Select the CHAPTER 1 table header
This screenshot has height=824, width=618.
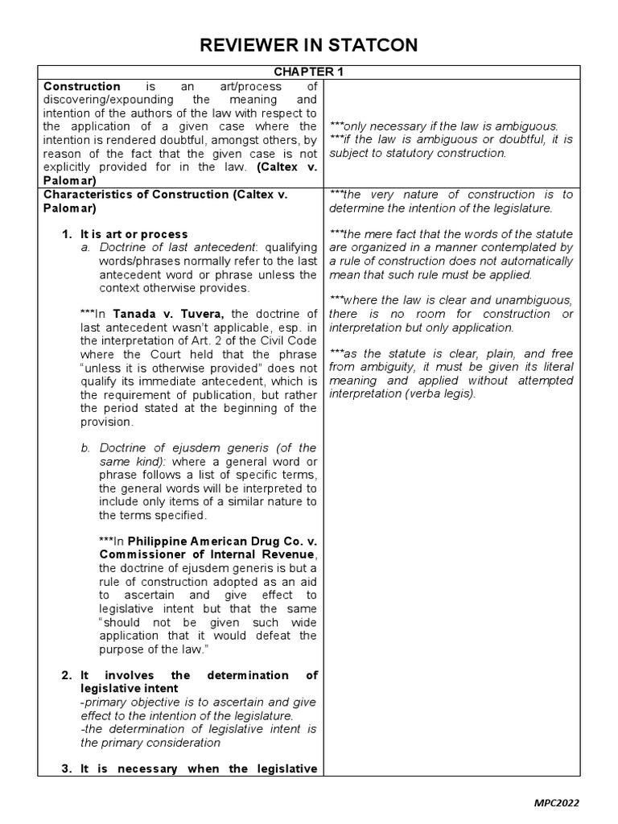[x=308, y=72]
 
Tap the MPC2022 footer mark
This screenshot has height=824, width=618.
[x=555, y=802]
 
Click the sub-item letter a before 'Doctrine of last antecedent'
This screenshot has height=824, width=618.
[x=84, y=248]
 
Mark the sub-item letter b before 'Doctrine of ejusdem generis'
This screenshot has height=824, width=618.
[x=84, y=447]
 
